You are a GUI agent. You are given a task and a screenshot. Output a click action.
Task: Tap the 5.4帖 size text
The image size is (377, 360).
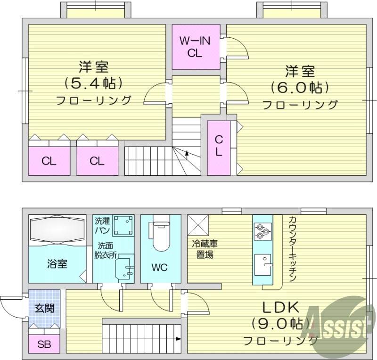tap(93, 83)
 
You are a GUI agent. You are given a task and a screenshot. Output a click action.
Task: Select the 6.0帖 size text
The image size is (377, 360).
tap(300, 88)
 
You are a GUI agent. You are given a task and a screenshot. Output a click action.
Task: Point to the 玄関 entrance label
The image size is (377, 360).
tap(44, 308)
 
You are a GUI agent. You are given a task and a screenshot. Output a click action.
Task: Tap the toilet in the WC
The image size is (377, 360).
tap(160, 236)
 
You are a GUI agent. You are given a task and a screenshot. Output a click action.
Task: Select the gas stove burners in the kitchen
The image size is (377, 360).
tap(262, 231)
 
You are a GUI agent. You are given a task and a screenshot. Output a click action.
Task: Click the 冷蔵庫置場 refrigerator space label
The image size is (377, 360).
tap(205, 249)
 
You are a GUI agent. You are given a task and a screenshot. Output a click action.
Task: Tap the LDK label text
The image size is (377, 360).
tap(281, 308)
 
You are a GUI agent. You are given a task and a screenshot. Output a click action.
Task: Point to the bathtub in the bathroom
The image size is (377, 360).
tap(57, 230)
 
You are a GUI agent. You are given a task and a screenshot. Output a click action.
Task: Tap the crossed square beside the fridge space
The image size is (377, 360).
tap(198, 225)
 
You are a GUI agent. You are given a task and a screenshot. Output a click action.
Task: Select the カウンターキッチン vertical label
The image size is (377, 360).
tap(291, 249)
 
